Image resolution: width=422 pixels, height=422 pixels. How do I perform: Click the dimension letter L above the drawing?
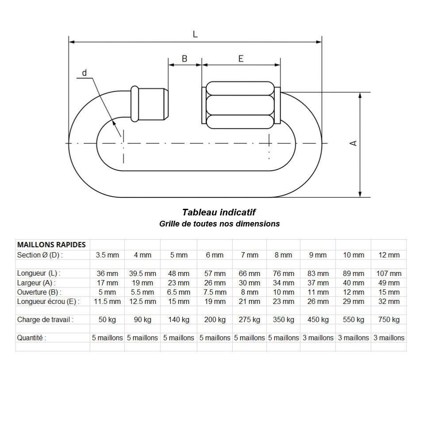(x=195, y=34)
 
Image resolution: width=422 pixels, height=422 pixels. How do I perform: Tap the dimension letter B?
(x=184, y=58)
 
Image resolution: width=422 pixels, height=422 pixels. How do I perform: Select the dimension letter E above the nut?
(x=241, y=58)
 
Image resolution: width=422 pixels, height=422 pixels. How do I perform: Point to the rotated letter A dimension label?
(x=353, y=143)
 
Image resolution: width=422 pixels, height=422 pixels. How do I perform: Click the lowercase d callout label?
(x=84, y=73)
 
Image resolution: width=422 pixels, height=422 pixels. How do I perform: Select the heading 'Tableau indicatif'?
(x=219, y=213)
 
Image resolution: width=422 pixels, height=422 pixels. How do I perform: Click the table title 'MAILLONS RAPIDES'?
(x=51, y=245)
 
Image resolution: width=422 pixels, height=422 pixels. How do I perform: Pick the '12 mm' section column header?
(x=388, y=255)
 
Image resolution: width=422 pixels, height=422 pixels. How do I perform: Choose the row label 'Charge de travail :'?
(x=45, y=319)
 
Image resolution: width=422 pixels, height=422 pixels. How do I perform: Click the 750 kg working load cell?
(x=388, y=319)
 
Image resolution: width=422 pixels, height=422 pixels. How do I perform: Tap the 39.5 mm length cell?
(x=142, y=273)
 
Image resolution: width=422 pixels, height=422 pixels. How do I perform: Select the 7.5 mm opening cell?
(x=215, y=292)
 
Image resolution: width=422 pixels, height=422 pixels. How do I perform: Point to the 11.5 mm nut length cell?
(x=107, y=301)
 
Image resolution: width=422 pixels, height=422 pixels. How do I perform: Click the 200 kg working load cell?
(x=215, y=319)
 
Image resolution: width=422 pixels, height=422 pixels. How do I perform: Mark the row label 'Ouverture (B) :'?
(x=39, y=292)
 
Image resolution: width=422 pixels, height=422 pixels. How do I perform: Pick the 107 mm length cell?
(x=388, y=273)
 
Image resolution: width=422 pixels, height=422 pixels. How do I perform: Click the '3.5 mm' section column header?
(x=107, y=255)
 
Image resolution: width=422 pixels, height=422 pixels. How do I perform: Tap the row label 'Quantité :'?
(x=31, y=338)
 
